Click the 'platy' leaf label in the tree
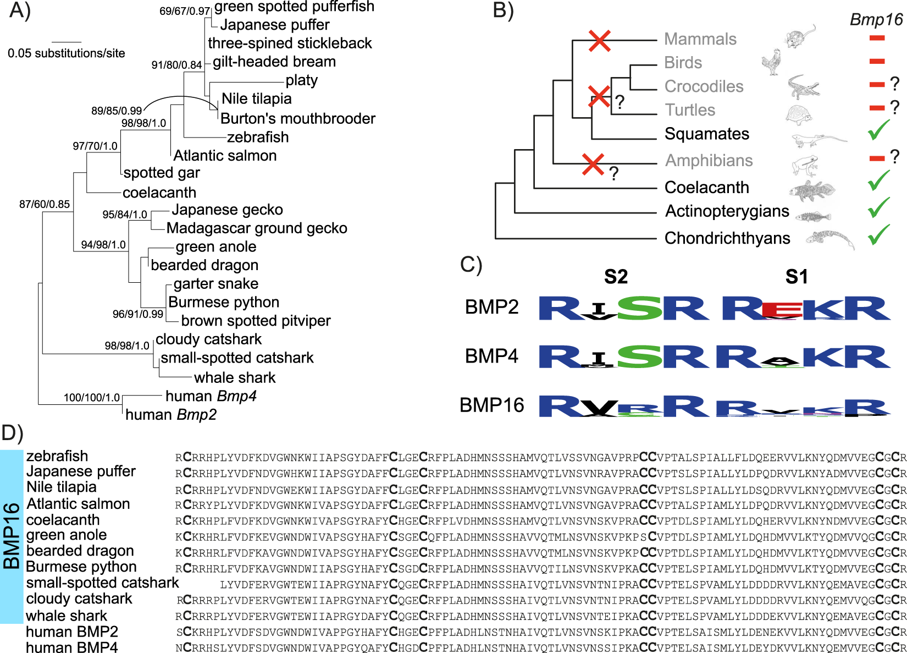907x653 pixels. (x=301, y=80)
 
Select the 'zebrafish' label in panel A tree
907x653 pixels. (x=257, y=137)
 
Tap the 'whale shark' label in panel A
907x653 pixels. (x=235, y=377)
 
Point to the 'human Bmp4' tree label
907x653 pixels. (x=211, y=396)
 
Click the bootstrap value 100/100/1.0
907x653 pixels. (x=91, y=398)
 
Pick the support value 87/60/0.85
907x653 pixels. (x=45, y=204)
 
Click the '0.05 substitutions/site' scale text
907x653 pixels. (x=66, y=53)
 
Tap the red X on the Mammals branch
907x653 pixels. (x=599, y=41)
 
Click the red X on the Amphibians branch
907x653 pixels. (x=593, y=164)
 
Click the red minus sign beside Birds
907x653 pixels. (x=877, y=62)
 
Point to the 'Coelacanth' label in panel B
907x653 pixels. (x=706, y=188)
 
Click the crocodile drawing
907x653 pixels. (x=803, y=87)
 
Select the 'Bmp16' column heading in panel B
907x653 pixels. (x=876, y=20)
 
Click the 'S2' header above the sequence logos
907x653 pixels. (x=616, y=277)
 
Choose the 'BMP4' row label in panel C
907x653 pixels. (x=491, y=356)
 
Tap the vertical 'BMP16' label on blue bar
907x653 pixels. (x=12, y=535)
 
